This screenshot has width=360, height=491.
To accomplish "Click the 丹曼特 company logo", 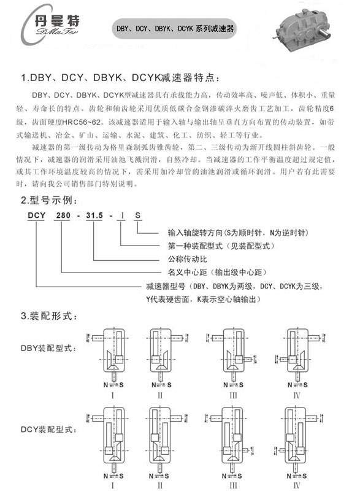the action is pyautogui.click(x=50, y=25).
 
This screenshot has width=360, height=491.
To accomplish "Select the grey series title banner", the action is pyautogui.click(x=175, y=28).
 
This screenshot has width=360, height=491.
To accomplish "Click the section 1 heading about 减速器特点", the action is pyautogui.click(x=120, y=78).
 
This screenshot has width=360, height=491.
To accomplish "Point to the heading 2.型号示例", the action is pyautogui.click(x=49, y=200).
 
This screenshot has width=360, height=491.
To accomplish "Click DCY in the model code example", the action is pyautogui.click(x=37, y=215).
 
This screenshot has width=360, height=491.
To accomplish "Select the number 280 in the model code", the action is pyautogui.click(x=63, y=215).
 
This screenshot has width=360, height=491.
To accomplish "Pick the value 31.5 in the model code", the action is pyautogui.click(x=94, y=215).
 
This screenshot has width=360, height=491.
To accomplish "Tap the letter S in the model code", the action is pyautogui.click(x=137, y=215).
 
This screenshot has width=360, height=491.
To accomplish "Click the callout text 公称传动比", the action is pyautogui.click(x=187, y=259).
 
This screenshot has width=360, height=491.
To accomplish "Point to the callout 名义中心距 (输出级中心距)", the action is pyautogui.click(x=217, y=272).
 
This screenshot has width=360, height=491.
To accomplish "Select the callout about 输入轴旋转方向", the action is pyautogui.click(x=238, y=233).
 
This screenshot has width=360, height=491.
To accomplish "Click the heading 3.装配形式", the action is pyautogui.click(x=49, y=315).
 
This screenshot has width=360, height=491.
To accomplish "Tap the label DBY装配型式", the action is pyautogui.click(x=48, y=348).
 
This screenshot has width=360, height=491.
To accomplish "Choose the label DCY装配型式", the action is pyautogui.click(x=48, y=429).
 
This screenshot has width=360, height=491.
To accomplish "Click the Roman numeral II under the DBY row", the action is pyautogui.click(x=160, y=395).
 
